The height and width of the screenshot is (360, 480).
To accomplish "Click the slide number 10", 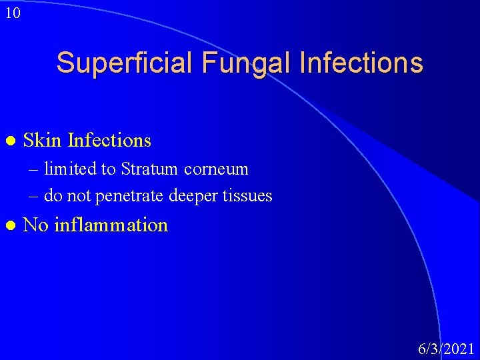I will [12, 13].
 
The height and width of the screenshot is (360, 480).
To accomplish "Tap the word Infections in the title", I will [362, 63].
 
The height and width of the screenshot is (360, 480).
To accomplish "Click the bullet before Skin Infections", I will [9, 141].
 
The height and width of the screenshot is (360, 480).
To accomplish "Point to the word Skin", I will [43, 141].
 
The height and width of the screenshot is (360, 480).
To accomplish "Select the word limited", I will [70, 169].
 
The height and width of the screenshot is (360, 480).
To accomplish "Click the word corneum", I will [216, 169].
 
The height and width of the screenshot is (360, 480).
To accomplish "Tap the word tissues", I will [249, 196].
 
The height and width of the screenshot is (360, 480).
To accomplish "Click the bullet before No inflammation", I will [9, 225].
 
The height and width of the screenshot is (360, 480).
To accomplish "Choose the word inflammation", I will [111, 225].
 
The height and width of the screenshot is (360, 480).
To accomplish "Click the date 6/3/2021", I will [446, 349].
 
